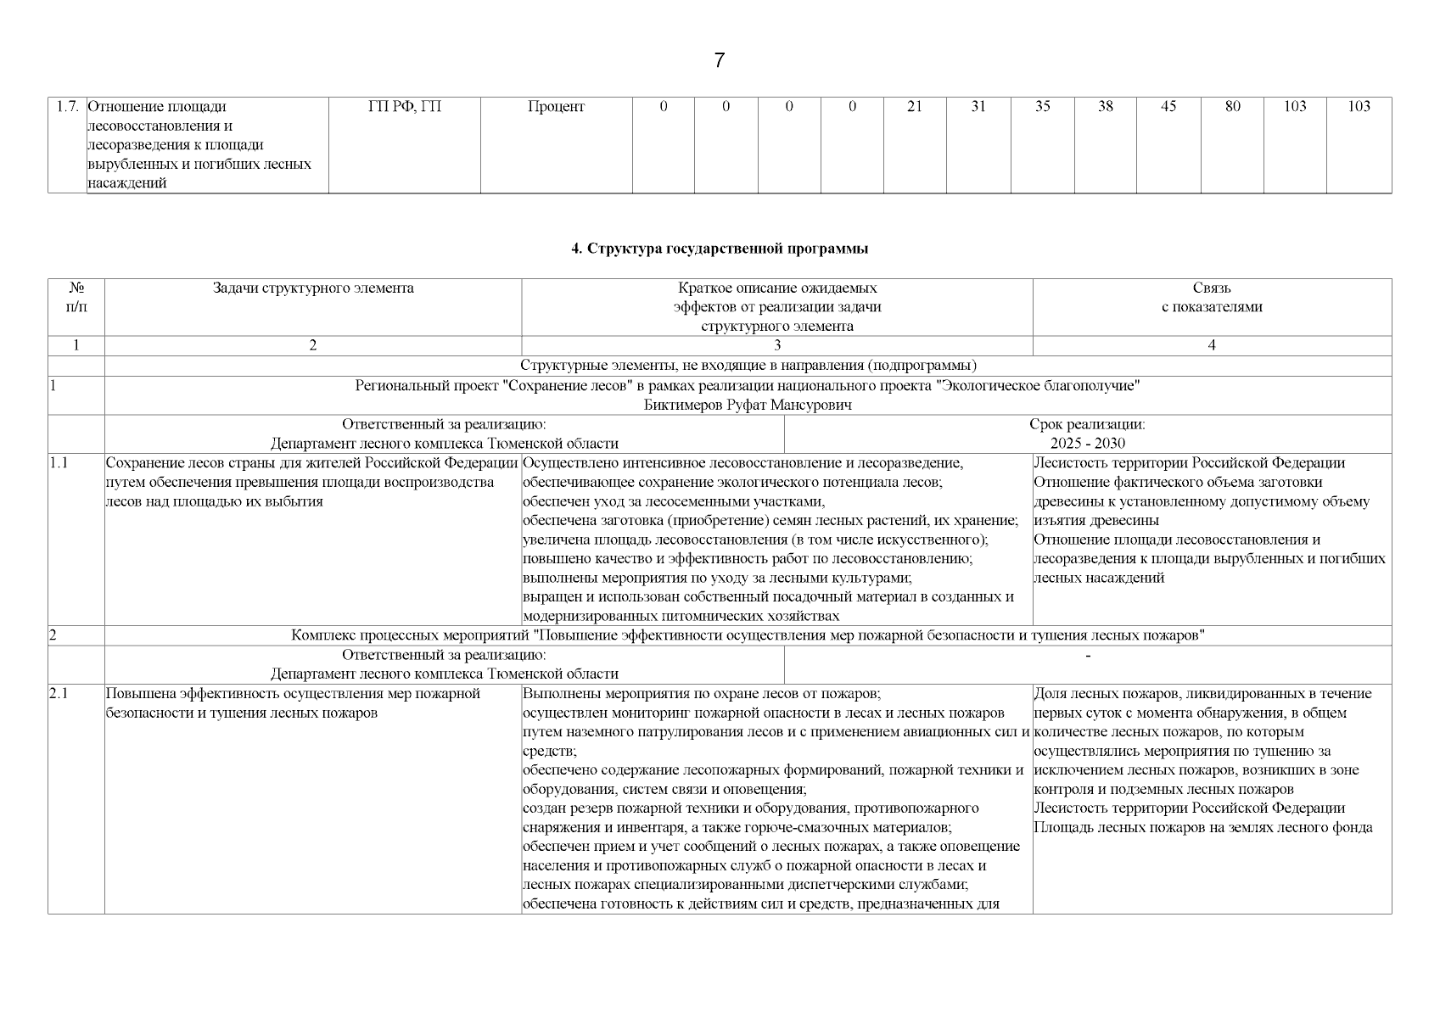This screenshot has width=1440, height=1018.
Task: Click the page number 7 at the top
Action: click(x=720, y=60)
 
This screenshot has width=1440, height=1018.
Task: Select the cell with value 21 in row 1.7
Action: click(x=914, y=107)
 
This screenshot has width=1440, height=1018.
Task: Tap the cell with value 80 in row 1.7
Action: click(x=1232, y=107)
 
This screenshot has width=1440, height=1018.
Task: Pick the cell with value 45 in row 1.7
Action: click(x=1168, y=107)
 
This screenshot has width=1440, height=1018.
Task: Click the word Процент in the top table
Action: click(x=556, y=107)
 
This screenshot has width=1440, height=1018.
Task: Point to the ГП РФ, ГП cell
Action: click(x=405, y=107)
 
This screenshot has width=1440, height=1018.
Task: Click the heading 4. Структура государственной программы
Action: click(x=720, y=249)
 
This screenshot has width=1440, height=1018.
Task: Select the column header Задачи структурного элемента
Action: click(x=313, y=288)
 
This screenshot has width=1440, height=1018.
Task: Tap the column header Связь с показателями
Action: click(x=1212, y=298)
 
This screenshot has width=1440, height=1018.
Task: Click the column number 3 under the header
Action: click(x=777, y=345)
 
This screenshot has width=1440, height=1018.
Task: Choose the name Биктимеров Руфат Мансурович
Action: click(x=748, y=406)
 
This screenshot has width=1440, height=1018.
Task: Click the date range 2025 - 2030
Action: click(x=1088, y=444)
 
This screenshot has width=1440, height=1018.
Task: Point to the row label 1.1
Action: click(x=59, y=463)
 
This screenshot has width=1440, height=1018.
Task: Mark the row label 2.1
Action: click(x=59, y=694)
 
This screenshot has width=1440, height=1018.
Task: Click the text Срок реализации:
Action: click(x=1088, y=424)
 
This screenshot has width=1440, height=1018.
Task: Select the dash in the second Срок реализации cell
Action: click(x=1088, y=656)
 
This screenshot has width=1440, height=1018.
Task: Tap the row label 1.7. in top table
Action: click(x=68, y=107)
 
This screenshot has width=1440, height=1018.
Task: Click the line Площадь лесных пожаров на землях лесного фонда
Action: click(x=1202, y=828)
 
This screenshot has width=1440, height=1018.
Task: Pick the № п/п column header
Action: click(x=76, y=298)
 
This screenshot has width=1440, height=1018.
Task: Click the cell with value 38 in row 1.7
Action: click(x=1105, y=107)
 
